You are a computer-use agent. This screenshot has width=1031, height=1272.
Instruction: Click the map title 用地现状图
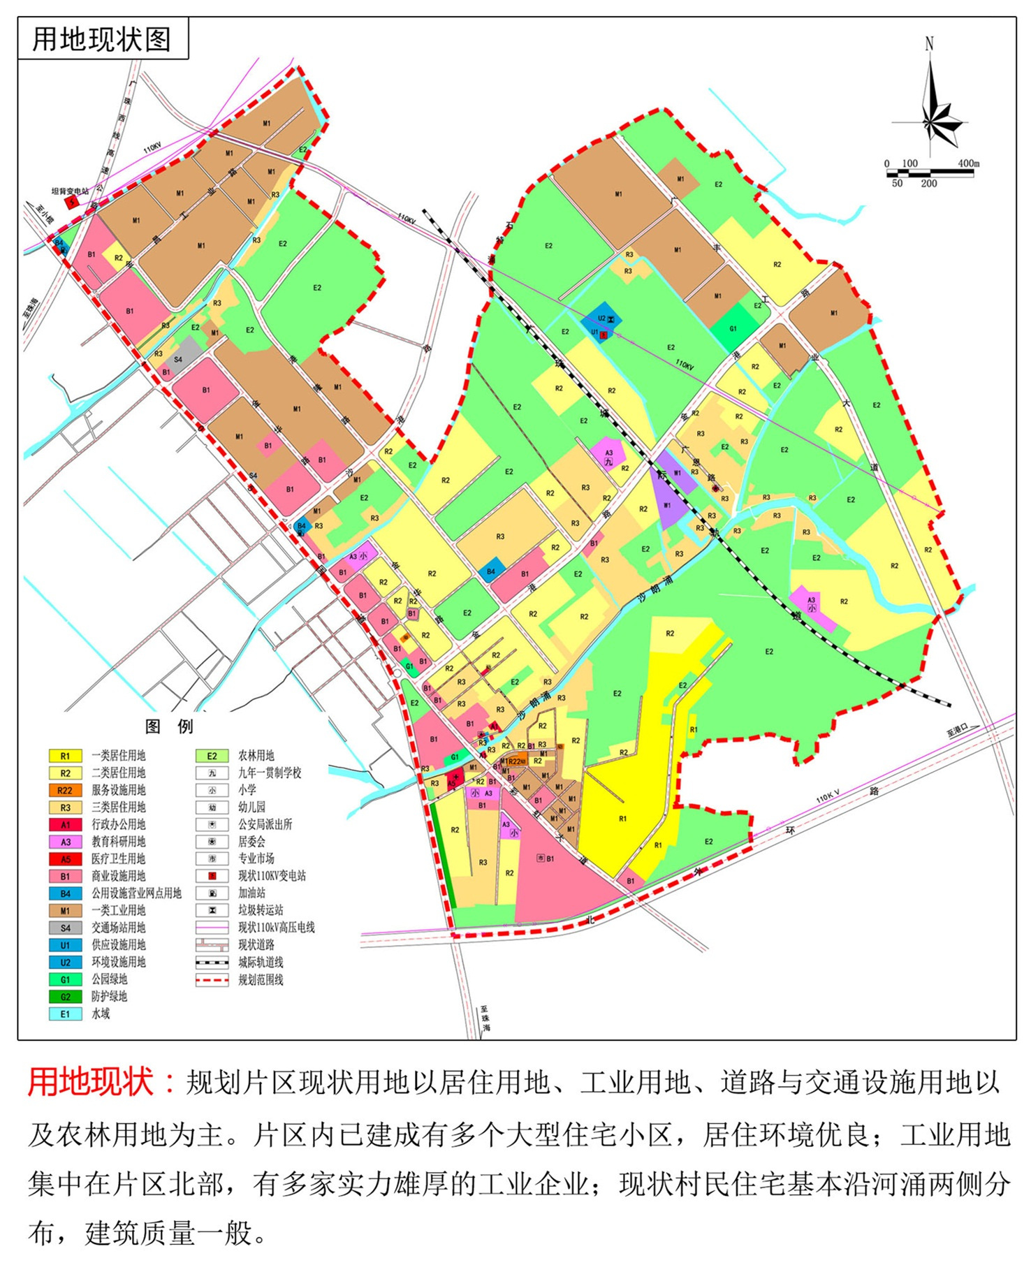coord(102,39)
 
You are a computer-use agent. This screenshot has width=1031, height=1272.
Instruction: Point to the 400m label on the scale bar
coord(967,163)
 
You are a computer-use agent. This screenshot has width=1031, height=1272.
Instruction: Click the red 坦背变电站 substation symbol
coord(72,202)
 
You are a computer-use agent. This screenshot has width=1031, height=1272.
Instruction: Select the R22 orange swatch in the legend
coord(65,789)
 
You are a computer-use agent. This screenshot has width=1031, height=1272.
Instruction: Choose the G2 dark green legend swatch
coord(65,996)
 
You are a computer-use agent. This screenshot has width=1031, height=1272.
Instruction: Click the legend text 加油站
coord(251,893)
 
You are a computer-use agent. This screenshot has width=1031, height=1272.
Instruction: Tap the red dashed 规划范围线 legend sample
coord(212,979)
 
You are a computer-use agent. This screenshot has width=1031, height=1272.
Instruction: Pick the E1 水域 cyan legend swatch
coord(65,1014)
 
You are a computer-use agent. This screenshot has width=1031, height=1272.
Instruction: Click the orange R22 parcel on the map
coord(515,761)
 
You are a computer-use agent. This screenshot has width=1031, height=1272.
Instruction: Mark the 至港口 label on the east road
coord(958,729)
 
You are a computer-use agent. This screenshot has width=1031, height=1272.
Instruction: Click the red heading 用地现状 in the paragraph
coord(91,1081)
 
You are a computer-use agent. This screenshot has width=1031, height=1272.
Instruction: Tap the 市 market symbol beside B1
coord(540,858)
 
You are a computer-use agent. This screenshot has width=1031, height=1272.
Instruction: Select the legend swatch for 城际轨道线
coord(212,962)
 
